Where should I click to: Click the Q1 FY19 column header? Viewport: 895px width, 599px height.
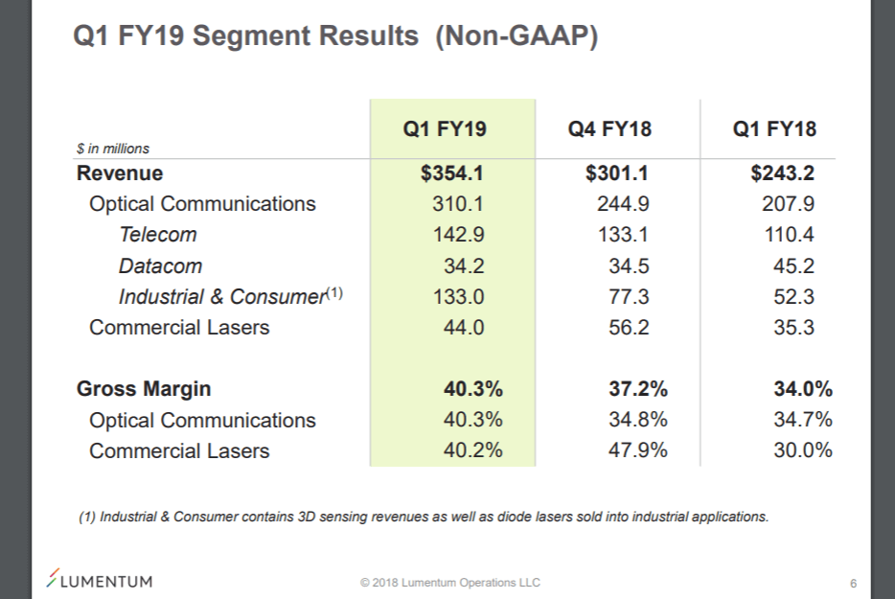tap(445, 129)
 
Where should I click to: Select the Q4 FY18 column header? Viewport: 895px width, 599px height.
tap(609, 129)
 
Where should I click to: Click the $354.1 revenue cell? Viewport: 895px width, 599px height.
tap(452, 173)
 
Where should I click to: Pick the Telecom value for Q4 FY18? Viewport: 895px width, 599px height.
tap(629, 235)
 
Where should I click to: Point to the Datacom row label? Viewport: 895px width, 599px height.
tap(160, 265)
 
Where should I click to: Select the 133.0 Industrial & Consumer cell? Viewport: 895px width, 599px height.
tap(458, 296)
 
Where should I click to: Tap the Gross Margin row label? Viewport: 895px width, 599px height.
tap(144, 389)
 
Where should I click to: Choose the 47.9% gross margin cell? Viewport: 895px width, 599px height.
tap(638, 450)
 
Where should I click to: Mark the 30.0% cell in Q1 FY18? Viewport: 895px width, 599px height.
tap(803, 450)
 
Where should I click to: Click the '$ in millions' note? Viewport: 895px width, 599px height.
tap(113, 149)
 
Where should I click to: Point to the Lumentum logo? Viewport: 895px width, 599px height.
tap(100, 580)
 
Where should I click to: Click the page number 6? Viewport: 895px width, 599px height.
tap(853, 583)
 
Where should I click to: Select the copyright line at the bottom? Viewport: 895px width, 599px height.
tap(449, 583)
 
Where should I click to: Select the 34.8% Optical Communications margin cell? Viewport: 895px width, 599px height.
tap(638, 420)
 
